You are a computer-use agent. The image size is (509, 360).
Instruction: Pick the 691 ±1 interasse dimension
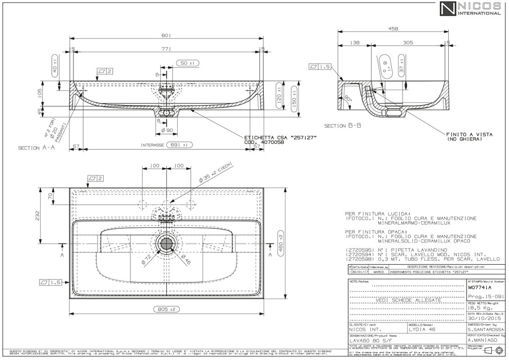[179, 145]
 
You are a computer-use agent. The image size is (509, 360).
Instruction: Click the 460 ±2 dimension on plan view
[280, 244]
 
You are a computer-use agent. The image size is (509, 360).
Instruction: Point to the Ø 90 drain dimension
[167, 131]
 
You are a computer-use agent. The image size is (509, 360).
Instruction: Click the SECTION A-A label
[36, 148]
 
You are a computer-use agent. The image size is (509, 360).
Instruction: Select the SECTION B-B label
[343, 126]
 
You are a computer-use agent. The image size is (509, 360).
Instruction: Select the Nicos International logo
[470, 9]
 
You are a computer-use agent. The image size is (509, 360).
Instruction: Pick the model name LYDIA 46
[422, 330]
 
